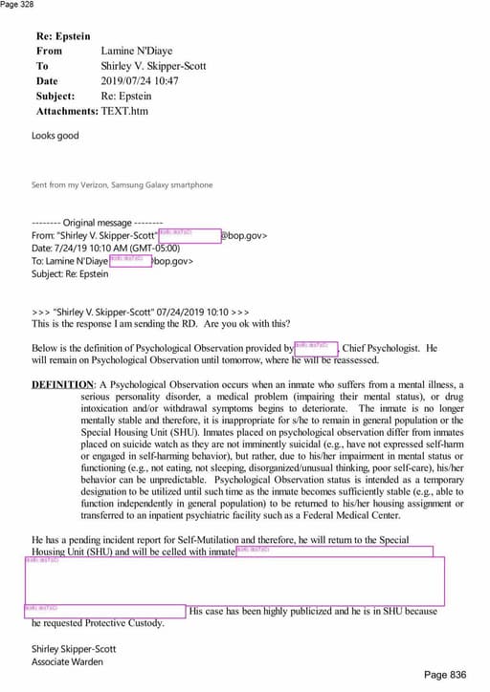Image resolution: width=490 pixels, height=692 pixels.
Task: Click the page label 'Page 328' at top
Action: (16, 5)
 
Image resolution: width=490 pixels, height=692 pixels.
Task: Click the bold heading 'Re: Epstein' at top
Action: (63, 35)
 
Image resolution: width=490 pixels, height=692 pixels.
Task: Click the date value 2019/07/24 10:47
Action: (140, 81)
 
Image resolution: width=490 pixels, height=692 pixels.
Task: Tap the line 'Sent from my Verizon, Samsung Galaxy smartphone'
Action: (122, 184)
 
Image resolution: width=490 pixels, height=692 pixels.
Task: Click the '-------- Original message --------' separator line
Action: (97, 222)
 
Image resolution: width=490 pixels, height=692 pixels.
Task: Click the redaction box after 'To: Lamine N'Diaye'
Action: (130, 260)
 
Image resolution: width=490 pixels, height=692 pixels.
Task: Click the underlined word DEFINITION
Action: (62, 383)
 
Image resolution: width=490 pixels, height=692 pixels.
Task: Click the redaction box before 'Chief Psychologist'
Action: (316, 348)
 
